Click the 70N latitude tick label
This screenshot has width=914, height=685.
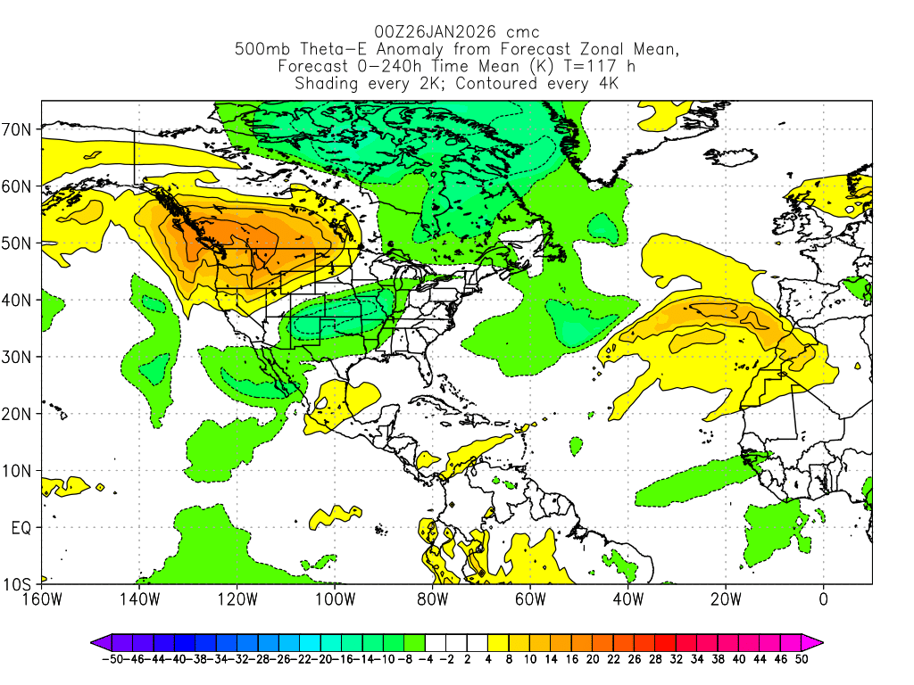tap(19, 129)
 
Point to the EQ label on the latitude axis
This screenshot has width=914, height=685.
tap(21, 528)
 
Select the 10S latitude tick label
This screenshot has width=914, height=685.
tap(19, 585)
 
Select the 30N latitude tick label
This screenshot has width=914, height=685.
tap(19, 357)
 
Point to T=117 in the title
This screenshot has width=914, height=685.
tap(582, 67)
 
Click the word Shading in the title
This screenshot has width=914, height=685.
tap(325, 84)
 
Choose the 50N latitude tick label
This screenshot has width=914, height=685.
tap(19, 243)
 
